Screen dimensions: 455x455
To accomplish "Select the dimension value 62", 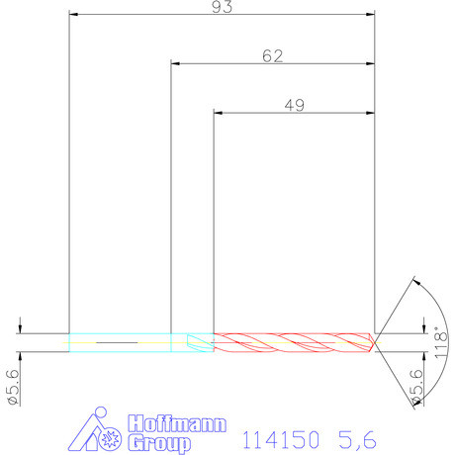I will [273, 56].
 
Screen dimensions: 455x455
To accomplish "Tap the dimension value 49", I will [294, 105].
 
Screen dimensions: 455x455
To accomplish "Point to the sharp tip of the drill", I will [376, 342].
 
